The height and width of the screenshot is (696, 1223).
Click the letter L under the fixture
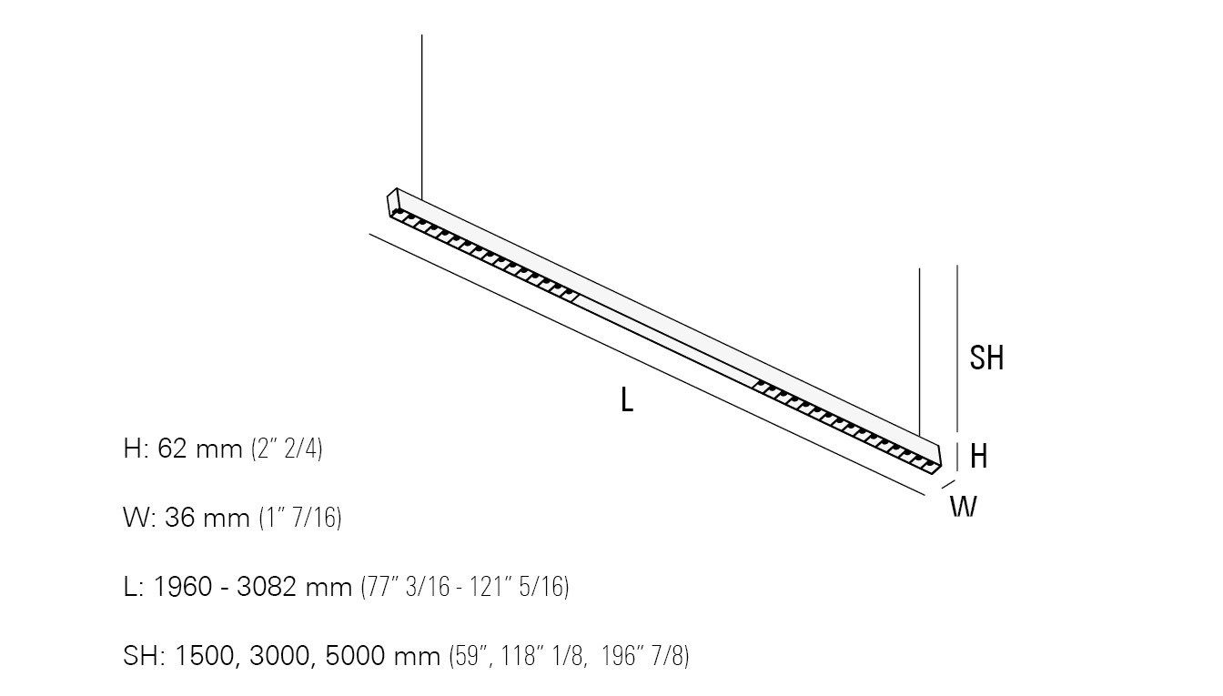[627, 399]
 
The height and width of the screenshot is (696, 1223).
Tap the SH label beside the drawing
[986, 358]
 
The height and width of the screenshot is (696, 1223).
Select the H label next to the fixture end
[979, 456]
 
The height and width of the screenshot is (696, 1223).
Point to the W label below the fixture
[964, 507]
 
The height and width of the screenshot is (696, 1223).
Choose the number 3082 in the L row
[267, 587]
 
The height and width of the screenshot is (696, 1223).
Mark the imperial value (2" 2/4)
[287, 449]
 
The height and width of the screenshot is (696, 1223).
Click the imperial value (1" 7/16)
[300, 518]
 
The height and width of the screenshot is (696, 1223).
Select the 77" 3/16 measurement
[406, 587]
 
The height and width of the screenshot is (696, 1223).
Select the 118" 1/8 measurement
[542, 656]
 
